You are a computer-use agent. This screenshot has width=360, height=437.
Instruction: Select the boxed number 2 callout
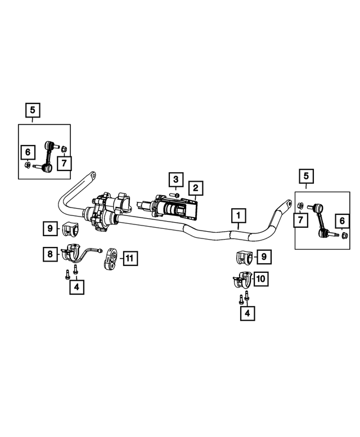tap(195, 188)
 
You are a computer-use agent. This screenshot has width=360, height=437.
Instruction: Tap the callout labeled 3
tap(175, 181)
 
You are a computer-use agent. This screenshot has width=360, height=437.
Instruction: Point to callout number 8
tap(51, 255)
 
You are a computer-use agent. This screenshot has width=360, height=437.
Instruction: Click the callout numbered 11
tap(129, 259)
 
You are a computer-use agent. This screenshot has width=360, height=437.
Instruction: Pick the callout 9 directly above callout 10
tap(262, 257)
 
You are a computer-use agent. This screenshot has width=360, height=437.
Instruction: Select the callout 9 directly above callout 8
tap(50, 228)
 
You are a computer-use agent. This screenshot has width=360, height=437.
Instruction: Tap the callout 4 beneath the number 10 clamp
tap(246, 313)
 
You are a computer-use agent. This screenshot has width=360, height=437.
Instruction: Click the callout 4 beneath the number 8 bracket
tap(74, 287)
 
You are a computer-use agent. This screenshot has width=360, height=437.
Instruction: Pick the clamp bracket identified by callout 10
tap(243, 279)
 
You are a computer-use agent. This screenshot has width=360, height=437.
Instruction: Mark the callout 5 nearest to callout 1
tap(306, 177)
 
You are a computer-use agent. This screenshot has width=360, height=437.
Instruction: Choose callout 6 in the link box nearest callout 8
tap(26, 152)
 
